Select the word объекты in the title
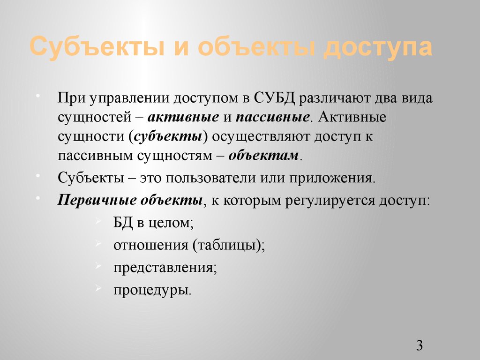point(250,48)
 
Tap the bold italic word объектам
point(263,155)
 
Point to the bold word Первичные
point(96,201)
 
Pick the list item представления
point(165,267)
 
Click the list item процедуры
point(151,290)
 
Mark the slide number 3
point(419,346)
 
